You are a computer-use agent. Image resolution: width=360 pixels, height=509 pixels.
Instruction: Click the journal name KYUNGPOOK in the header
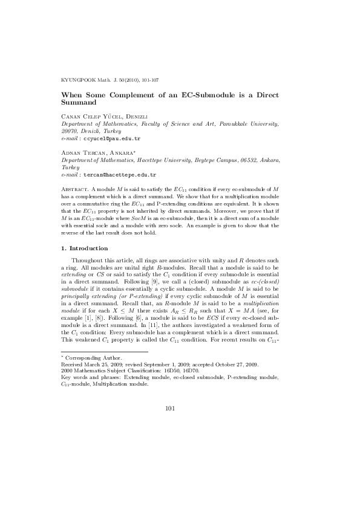tap(78, 80)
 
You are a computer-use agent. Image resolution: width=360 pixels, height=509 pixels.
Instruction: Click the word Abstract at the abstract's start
tap(76, 190)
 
